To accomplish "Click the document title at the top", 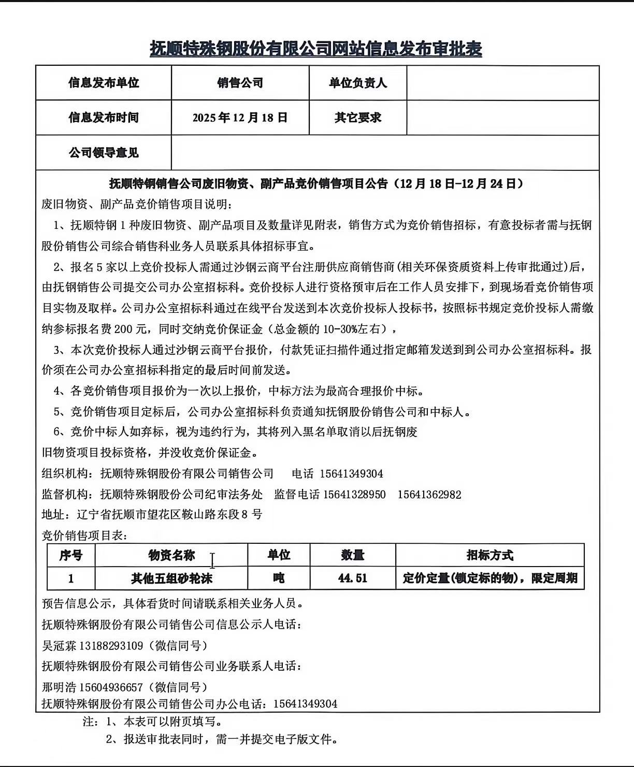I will click(316, 49).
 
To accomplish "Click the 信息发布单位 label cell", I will click(104, 83).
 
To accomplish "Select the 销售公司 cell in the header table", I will click(240, 83).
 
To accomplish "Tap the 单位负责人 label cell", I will click(357, 83).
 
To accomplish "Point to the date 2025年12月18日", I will click(240, 118).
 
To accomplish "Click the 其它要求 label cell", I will click(357, 118).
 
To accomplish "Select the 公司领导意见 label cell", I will click(104, 153).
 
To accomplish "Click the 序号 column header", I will click(71, 556).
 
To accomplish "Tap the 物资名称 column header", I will click(171, 556).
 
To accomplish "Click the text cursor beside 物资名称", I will click(212, 560).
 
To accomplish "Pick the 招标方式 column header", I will click(489, 556).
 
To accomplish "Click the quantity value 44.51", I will click(353, 578).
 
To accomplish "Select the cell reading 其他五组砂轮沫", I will click(171, 578).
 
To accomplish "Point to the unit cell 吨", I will click(279, 578).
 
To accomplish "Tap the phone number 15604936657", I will click(111, 687).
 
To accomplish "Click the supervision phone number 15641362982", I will click(429, 495).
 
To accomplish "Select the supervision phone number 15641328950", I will click(355, 495).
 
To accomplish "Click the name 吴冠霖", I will click(59, 646).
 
